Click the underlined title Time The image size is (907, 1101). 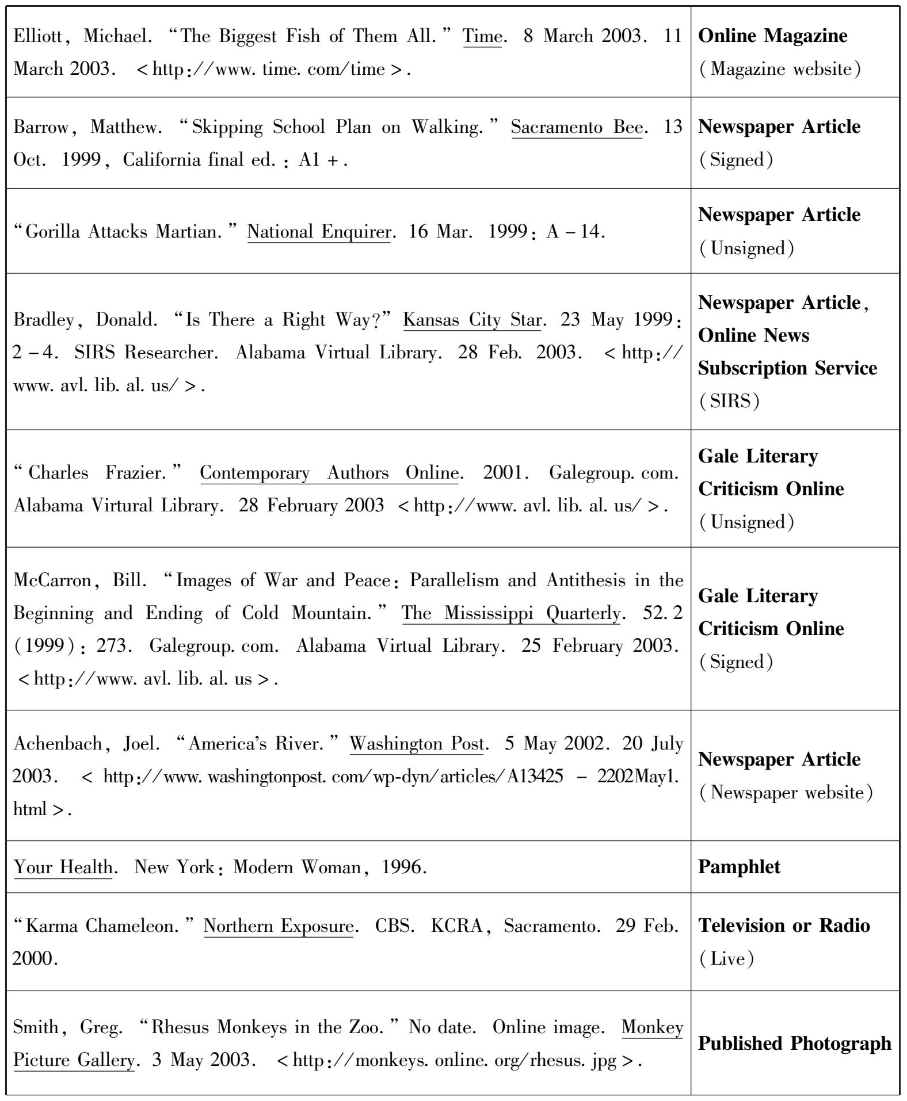tap(482, 36)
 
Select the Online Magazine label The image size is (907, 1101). tap(772, 36)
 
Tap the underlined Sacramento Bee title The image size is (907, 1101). tap(577, 127)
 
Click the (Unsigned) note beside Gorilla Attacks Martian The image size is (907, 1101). tap(746, 249)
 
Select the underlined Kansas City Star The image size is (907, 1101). tap(472, 320)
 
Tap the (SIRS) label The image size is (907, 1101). tap(729, 401)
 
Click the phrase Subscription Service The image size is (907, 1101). tap(787, 368)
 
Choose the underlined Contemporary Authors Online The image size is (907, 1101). tap(329, 473)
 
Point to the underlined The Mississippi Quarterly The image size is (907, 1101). tap(511, 613)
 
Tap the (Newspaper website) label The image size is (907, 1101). tap(786, 793)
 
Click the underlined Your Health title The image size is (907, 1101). tap(63, 867)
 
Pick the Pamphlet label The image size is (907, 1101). tap(739, 867)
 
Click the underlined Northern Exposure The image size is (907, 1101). tap(279, 926)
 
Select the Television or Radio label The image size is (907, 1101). tap(784, 926)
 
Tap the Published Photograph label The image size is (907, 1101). tap(794, 1043)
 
